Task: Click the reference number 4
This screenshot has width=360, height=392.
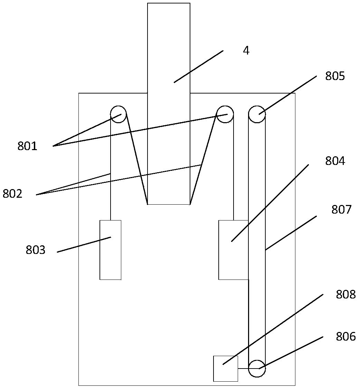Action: coord(246,51)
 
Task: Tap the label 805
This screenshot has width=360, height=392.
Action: coord(335,76)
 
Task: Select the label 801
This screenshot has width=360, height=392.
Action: coord(27,146)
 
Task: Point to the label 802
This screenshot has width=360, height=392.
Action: coord(12,194)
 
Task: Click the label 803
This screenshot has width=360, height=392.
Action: coord(36,250)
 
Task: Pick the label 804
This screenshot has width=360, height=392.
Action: coord(335,161)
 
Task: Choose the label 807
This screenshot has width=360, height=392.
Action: coord(341,209)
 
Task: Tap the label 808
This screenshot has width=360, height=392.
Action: coord(345,295)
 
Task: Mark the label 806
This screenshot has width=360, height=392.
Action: coord(345,336)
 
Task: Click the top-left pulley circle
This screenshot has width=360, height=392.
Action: coord(118,114)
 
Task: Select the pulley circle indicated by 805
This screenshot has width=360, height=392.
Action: coord(257,114)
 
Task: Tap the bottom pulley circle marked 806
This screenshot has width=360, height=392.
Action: coord(257,368)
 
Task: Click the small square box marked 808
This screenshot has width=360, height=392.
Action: coord(226,369)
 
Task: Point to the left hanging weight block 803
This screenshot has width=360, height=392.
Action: coord(111,250)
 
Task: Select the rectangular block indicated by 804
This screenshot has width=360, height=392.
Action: coord(233,250)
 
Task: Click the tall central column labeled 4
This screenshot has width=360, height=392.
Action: coord(169,104)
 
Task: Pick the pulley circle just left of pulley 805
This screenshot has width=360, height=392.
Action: coord(225,114)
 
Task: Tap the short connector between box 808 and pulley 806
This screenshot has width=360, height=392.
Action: coord(243,369)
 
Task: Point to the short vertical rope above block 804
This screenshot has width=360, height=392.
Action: coord(234,173)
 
